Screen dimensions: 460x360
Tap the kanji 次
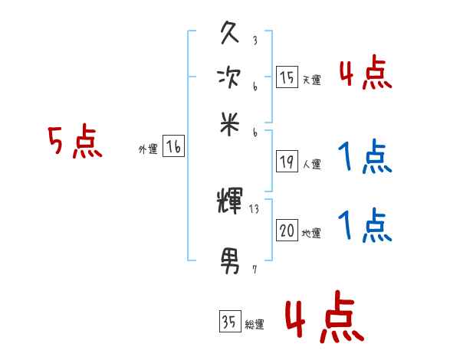point(229,77)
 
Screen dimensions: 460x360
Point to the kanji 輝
point(230,202)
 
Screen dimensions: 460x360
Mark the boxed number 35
point(228,322)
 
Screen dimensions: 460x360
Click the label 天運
point(311,80)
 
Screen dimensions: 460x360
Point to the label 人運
point(311,164)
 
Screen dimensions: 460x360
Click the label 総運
point(254,324)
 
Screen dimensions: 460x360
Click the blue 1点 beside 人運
point(365,158)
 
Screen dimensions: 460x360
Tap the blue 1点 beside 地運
point(365,226)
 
